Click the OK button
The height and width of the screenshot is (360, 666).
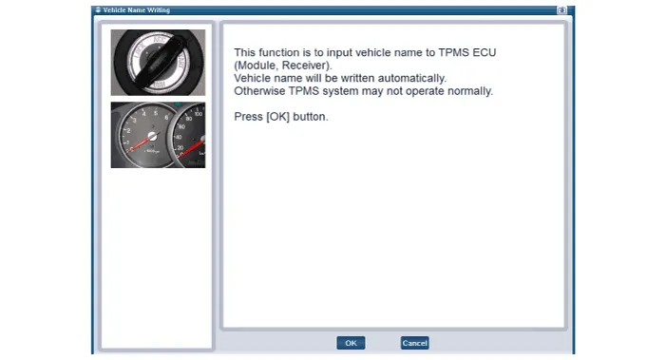click(351, 343)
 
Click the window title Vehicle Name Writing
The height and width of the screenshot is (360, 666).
click(137, 10)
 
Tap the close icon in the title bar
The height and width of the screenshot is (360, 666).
click(561, 10)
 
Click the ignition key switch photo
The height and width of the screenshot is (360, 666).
click(158, 63)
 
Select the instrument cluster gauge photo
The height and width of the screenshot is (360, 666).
click(158, 135)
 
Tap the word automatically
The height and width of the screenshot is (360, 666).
click(412, 78)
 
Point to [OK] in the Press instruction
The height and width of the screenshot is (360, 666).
click(278, 117)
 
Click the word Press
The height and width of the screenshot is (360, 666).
click(249, 117)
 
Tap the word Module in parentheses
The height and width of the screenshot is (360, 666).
click(257, 66)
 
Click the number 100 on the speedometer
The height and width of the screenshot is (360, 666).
click(199, 114)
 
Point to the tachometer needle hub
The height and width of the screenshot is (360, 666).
click(152, 137)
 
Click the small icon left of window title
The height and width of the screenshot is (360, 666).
click(98, 9)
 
